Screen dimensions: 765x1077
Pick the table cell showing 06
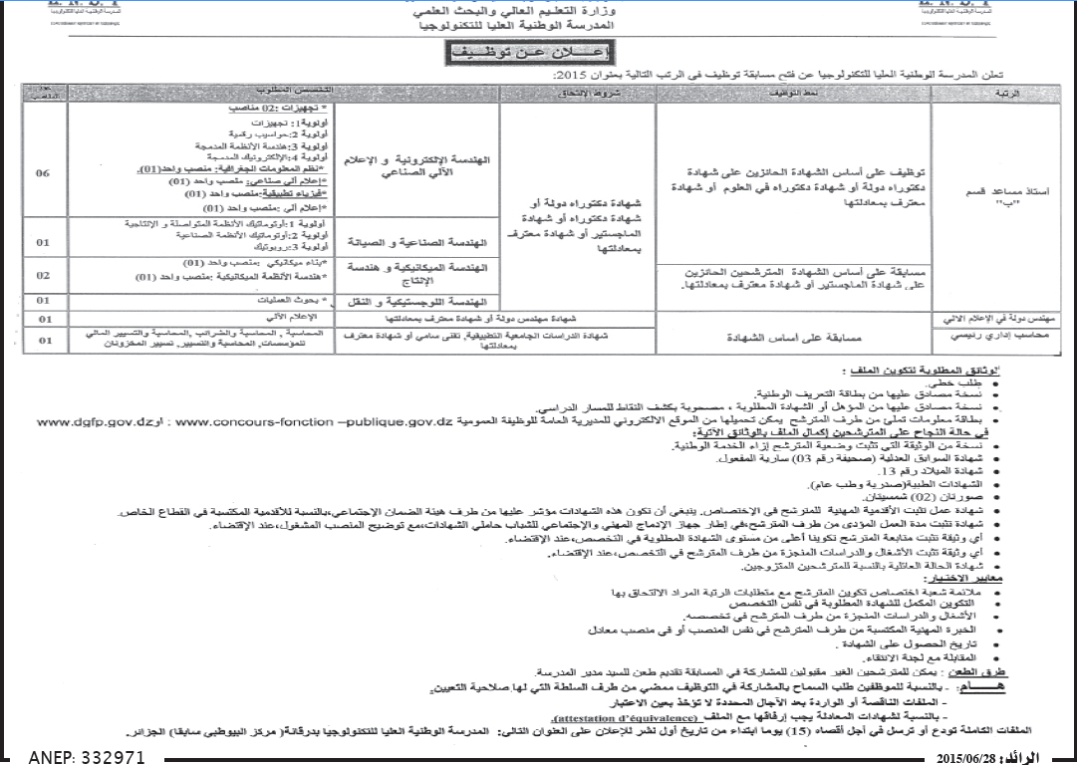tap(44, 172)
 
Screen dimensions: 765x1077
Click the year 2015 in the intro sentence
tap(569, 77)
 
